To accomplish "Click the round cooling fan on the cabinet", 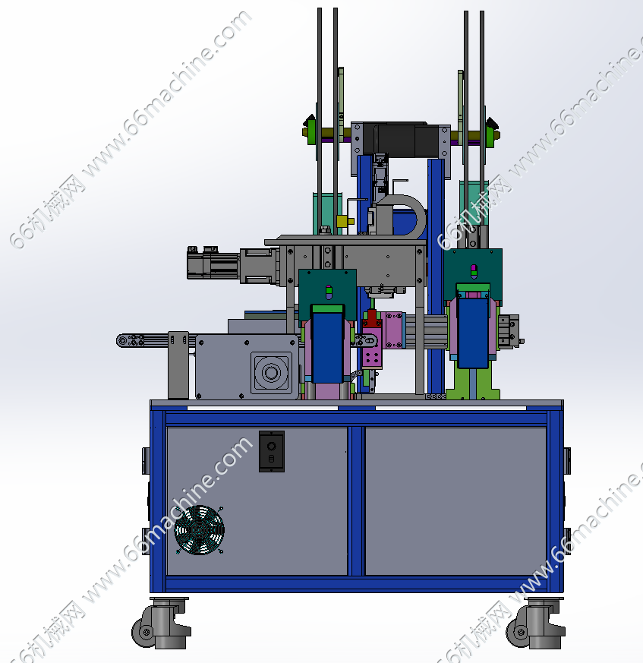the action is click(199, 530).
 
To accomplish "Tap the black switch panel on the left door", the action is click(272, 451).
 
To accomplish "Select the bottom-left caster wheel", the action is click(161, 623).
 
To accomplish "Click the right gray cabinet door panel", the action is click(455, 501).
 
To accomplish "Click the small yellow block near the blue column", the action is click(344, 221).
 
